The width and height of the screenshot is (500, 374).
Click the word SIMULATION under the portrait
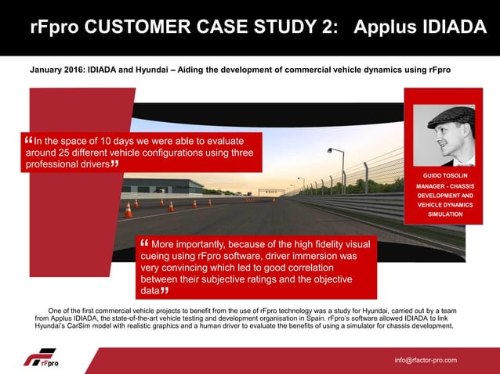tap(444, 214)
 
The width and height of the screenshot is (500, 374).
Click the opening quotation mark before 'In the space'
tap(29, 140)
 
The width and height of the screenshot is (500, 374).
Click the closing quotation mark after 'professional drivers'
tap(115, 165)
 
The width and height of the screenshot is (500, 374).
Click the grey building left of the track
tap(152, 186)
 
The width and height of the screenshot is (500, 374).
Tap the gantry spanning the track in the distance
tap(272, 190)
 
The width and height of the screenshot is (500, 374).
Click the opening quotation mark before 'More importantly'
tap(144, 243)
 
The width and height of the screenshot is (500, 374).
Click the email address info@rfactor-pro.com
tap(426, 360)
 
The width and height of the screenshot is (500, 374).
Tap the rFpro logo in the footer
tap(40, 360)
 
